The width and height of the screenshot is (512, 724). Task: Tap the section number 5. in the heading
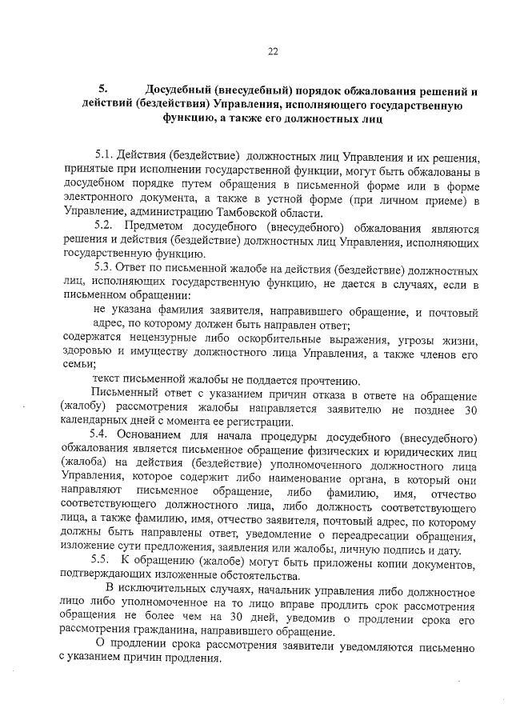click(x=102, y=89)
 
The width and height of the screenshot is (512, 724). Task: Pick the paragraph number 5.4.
click(x=103, y=436)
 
